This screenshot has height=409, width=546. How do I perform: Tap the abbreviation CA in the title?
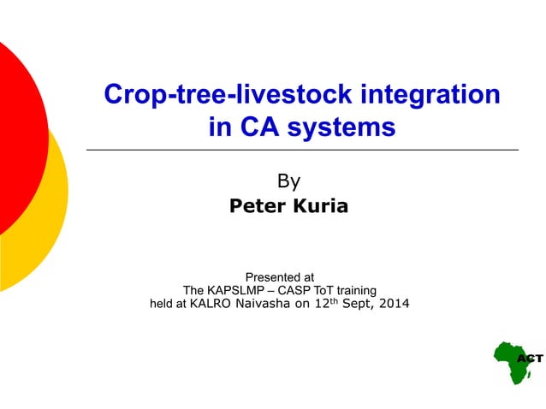click(x=258, y=127)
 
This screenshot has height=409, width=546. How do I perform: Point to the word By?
click(x=289, y=181)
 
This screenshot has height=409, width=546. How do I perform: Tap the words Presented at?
click(x=279, y=277)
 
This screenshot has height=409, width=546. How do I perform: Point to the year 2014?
click(x=394, y=304)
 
